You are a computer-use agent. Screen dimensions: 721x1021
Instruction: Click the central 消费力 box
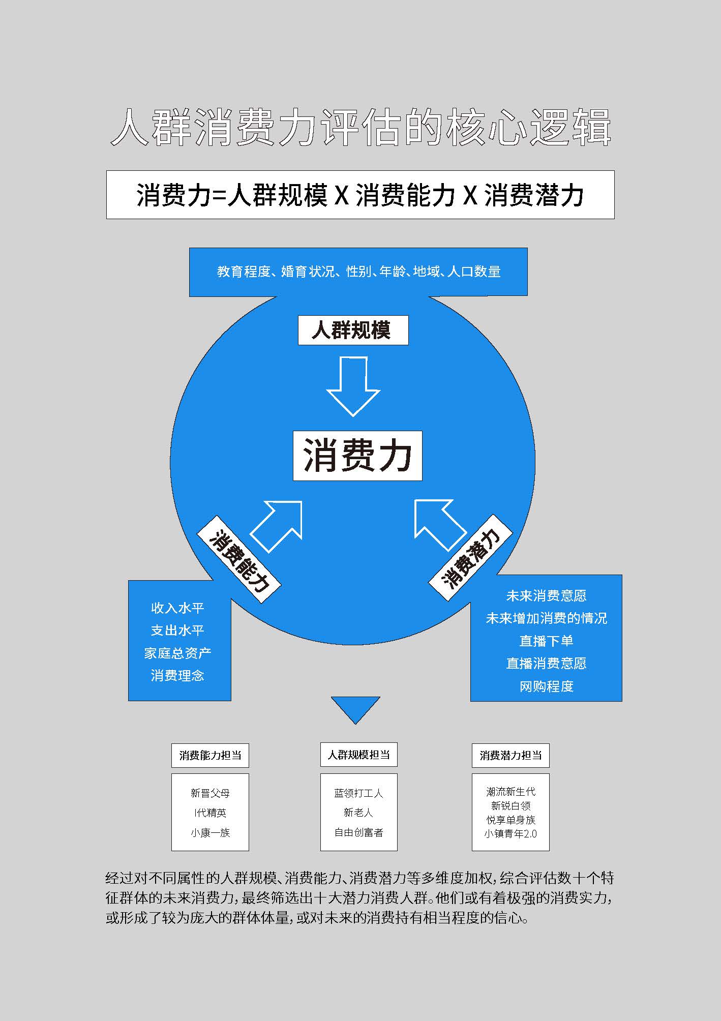point(357,456)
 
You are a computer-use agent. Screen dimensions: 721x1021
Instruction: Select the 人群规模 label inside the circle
point(353,331)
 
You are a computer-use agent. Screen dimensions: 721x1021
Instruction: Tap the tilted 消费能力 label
point(239,560)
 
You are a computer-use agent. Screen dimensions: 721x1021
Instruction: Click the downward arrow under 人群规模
point(353,386)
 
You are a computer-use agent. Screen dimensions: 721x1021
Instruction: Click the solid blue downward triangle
point(355,709)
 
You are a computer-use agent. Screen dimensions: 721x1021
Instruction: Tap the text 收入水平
point(177,608)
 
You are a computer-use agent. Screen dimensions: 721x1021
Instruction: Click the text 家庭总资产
point(177,653)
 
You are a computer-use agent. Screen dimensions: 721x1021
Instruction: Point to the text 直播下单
point(546,641)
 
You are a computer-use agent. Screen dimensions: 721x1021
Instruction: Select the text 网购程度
point(546,686)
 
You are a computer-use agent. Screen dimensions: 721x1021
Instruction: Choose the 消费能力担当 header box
point(210,755)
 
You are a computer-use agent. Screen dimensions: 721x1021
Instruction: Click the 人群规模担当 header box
point(358,755)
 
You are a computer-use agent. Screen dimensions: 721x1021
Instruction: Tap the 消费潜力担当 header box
point(510,755)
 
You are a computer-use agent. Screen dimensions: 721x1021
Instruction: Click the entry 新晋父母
point(210,793)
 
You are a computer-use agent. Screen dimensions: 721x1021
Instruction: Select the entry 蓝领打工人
point(358,793)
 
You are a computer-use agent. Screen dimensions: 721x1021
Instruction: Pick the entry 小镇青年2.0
point(510,833)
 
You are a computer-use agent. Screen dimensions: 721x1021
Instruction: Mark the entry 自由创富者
point(358,832)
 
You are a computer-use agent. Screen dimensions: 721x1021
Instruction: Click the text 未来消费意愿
point(546,595)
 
